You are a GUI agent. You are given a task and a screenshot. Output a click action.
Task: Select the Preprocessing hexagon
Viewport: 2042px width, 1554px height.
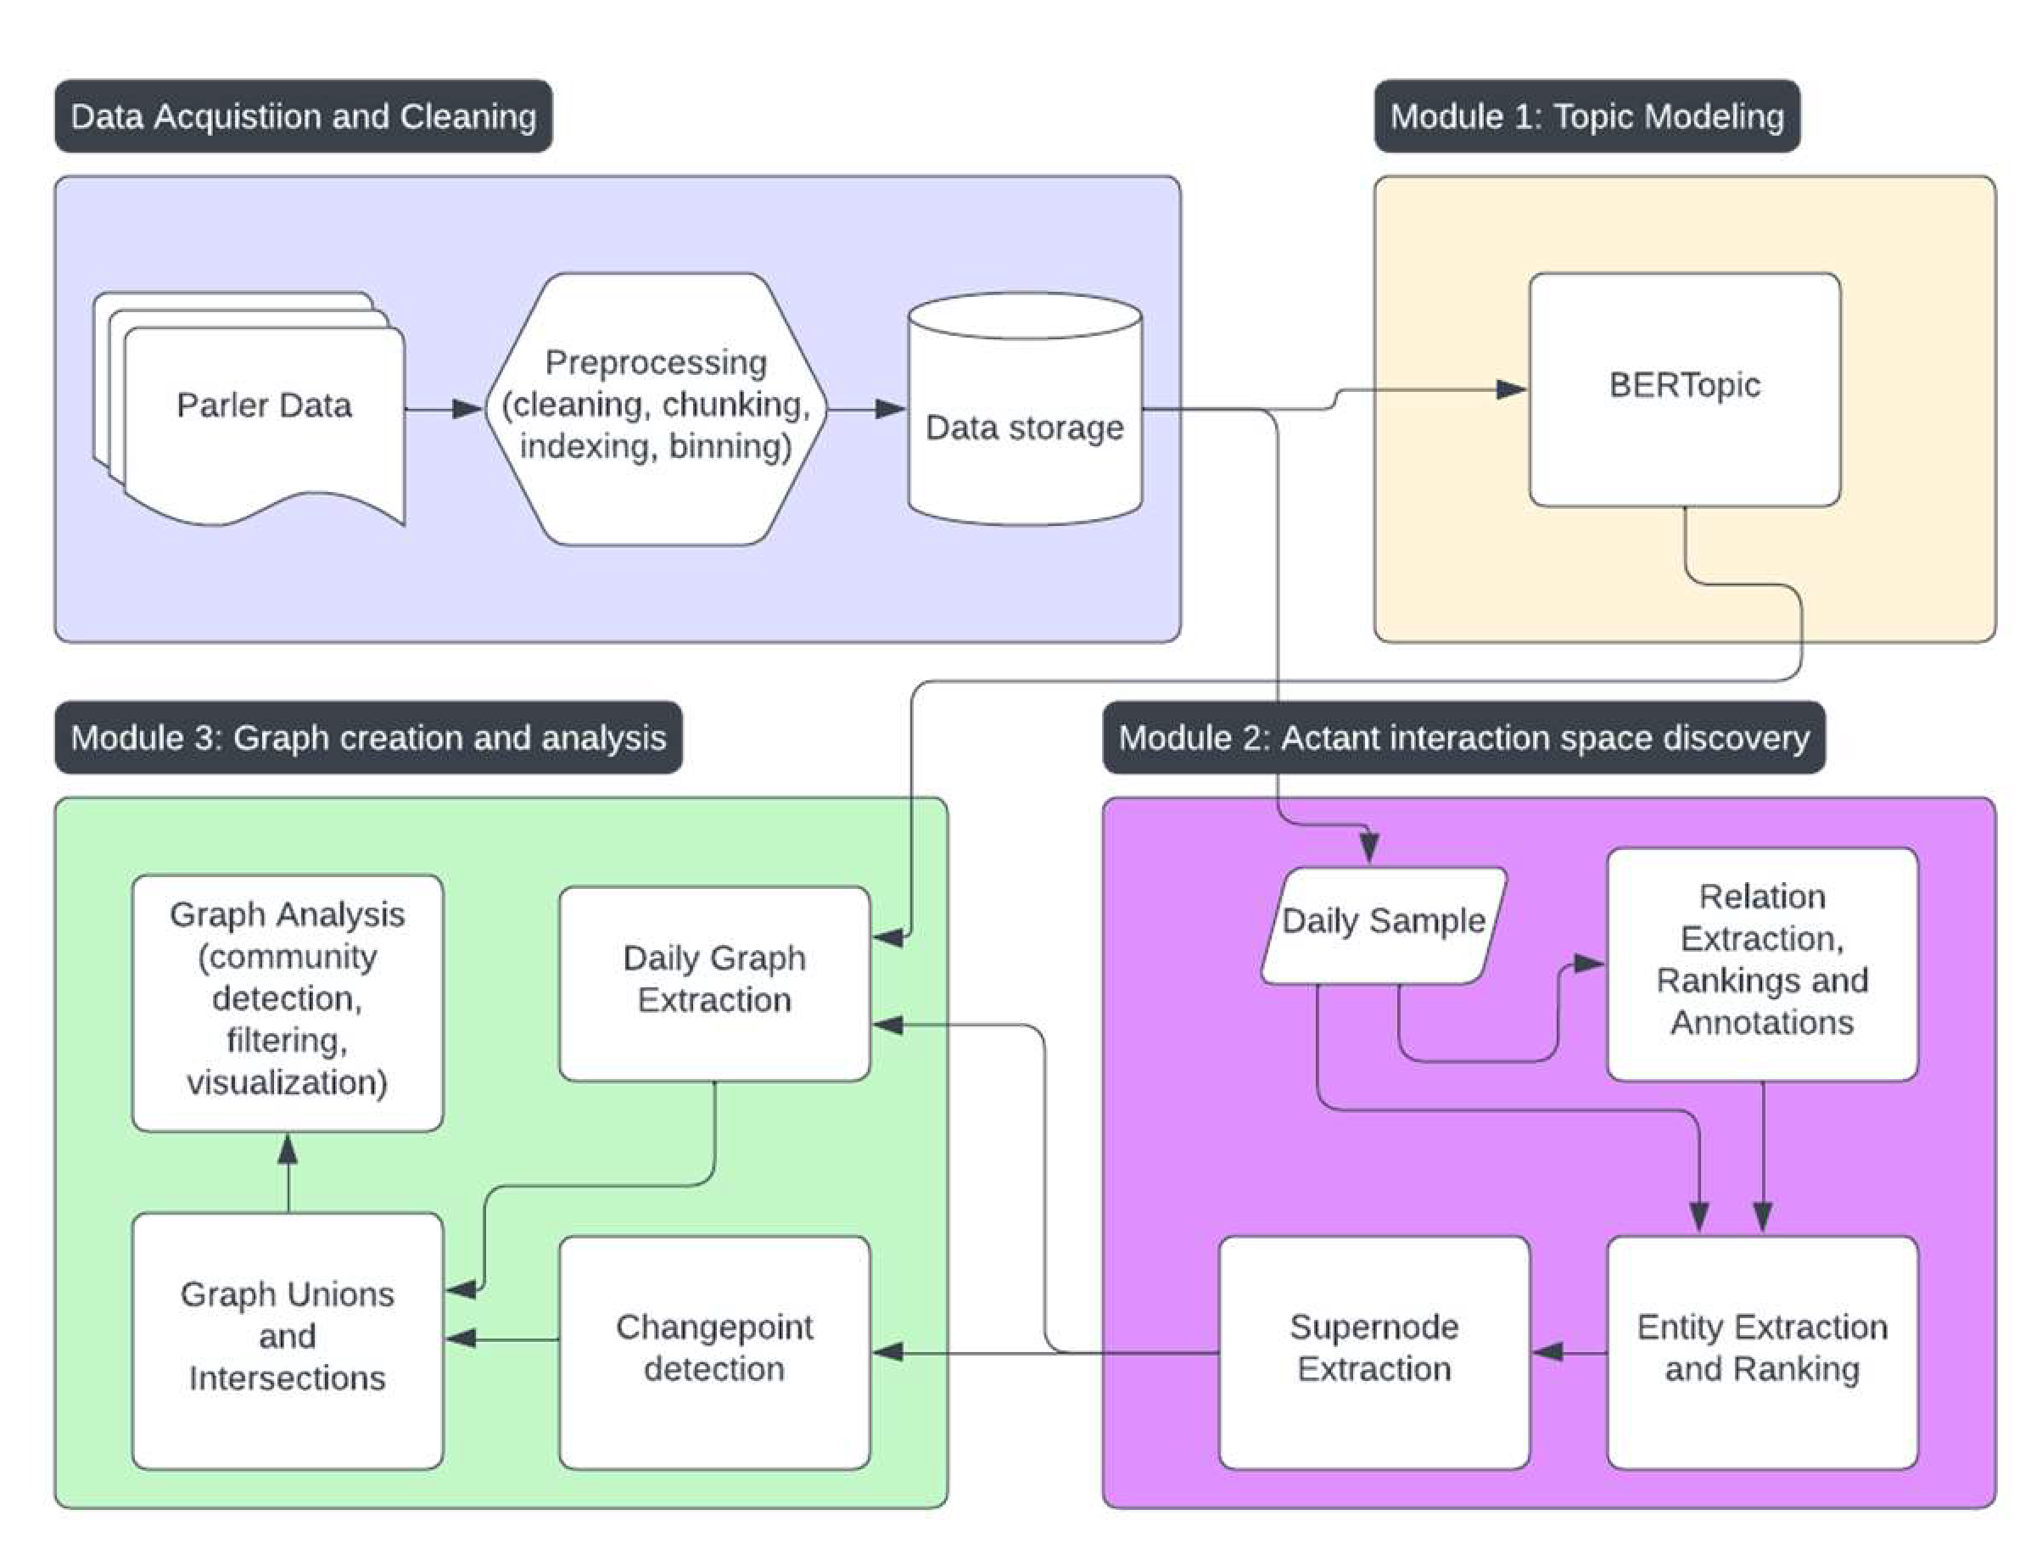(x=655, y=407)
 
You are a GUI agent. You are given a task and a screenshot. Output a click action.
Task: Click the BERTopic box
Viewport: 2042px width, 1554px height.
(x=1684, y=388)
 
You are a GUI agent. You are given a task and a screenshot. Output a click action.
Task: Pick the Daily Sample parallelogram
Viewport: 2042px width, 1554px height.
(x=1383, y=924)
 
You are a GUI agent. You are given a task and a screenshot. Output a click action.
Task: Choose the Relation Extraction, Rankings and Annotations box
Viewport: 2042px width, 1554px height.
(x=1762, y=963)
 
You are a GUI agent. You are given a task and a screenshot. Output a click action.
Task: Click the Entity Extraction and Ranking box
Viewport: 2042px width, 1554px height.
(x=1762, y=1351)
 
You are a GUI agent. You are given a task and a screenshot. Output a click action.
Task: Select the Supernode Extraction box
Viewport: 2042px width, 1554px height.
(x=1374, y=1351)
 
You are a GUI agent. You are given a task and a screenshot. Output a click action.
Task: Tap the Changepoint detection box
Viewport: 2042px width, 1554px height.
(x=714, y=1351)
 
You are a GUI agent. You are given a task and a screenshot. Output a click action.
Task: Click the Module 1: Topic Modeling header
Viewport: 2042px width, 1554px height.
(x=1586, y=116)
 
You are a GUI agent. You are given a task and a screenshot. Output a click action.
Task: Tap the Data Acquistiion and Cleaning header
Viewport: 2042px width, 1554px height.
(x=304, y=116)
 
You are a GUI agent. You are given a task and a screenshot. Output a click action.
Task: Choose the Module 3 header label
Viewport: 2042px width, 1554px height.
(x=368, y=737)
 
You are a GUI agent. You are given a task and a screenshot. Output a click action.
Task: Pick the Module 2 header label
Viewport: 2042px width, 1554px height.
(x=1463, y=737)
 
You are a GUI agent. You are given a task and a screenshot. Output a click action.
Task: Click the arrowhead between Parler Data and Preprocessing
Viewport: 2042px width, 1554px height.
(x=468, y=408)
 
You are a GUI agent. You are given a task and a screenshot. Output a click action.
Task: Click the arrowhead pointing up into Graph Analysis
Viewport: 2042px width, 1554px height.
(x=288, y=1149)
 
